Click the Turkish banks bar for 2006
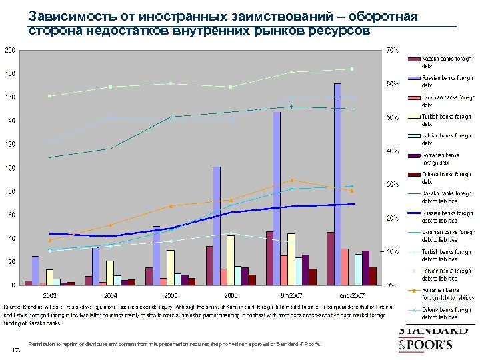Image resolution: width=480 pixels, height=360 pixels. tap(231, 260)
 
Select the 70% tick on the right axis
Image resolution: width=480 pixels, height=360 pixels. tap(393, 50)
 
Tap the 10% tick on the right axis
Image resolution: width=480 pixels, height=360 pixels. tap(393, 251)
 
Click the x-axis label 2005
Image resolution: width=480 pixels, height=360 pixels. tap(171, 294)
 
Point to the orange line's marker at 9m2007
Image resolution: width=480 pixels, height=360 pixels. tap(291, 180)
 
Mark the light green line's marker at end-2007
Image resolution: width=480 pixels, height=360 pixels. tap(351, 69)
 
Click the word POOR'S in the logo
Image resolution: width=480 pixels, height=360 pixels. tap(432, 345)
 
